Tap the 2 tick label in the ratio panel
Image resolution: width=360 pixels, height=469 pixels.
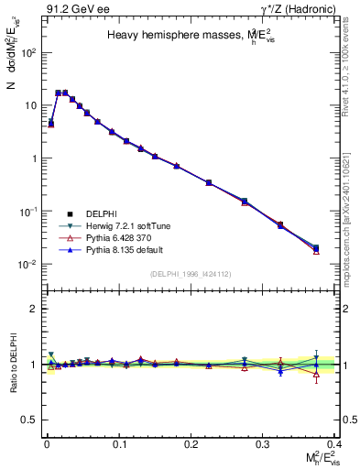click(33, 309)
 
